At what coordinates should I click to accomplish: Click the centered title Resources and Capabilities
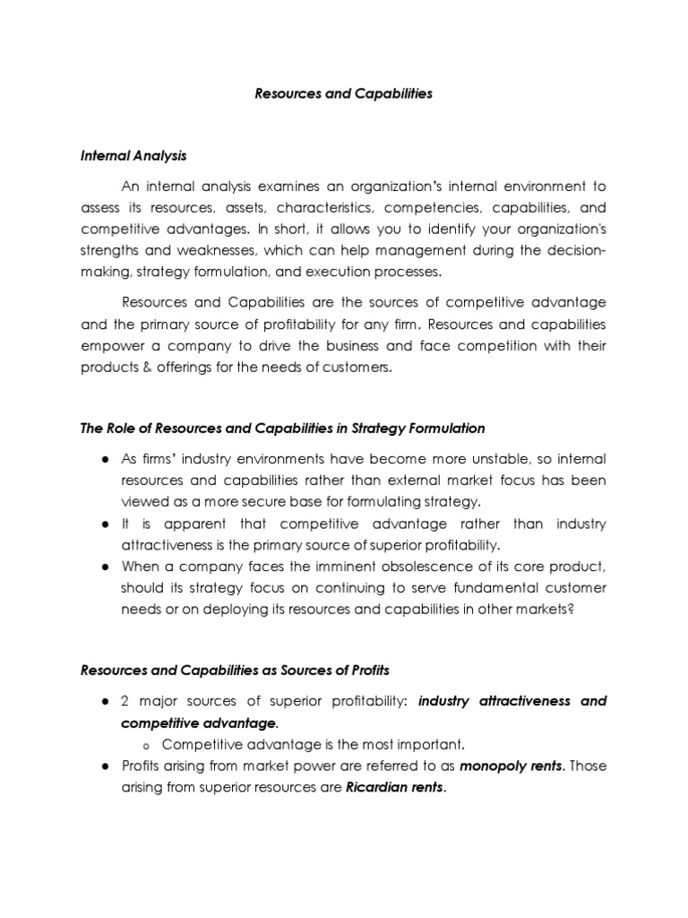[344, 94]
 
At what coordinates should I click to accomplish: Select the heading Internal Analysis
[133, 156]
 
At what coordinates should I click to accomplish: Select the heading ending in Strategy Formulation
[282, 429]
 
